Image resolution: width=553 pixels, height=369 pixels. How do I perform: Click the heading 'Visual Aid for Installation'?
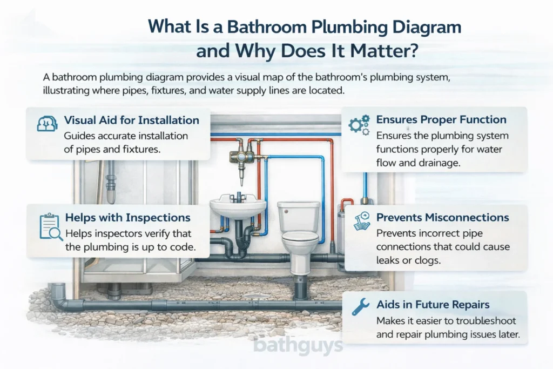[131, 120]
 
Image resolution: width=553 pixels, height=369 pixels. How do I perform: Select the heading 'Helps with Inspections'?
[127, 218]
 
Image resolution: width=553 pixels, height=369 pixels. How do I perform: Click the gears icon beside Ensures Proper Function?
[359, 125]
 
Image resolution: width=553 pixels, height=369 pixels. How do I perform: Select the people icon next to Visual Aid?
[47, 124]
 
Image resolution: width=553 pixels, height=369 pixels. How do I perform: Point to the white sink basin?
[238, 206]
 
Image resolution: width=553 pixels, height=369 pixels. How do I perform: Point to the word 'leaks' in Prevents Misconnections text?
[373, 260]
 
